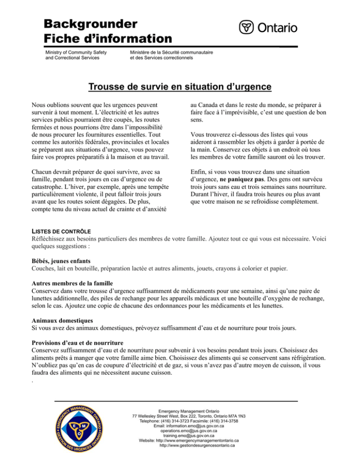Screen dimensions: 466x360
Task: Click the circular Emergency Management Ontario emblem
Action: tap(78, 429)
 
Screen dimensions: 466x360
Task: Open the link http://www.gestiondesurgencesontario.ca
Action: tap(197, 446)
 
